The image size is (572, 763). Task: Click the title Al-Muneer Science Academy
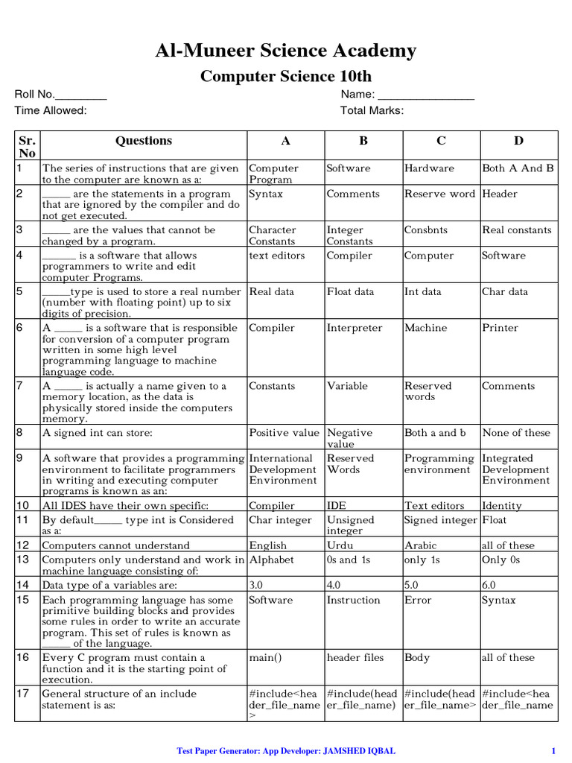point(286,51)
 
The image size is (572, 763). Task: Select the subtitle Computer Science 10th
point(286,77)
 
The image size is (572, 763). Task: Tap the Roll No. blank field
point(81,96)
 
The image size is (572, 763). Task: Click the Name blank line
point(426,96)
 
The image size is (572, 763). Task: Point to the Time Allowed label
point(51,110)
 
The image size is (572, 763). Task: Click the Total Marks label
point(372,110)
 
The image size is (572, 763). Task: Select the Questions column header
point(143,141)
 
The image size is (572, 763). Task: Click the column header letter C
point(441,141)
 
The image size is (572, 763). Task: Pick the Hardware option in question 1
point(429,168)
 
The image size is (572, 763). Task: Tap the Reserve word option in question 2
point(439,194)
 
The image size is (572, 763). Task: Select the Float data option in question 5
point(350,291)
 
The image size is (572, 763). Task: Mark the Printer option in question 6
point(500,328)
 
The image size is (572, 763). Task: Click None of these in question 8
point(516,433)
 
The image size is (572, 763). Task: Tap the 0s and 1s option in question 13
point(347,560)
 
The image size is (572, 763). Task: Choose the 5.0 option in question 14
point(412,585)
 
